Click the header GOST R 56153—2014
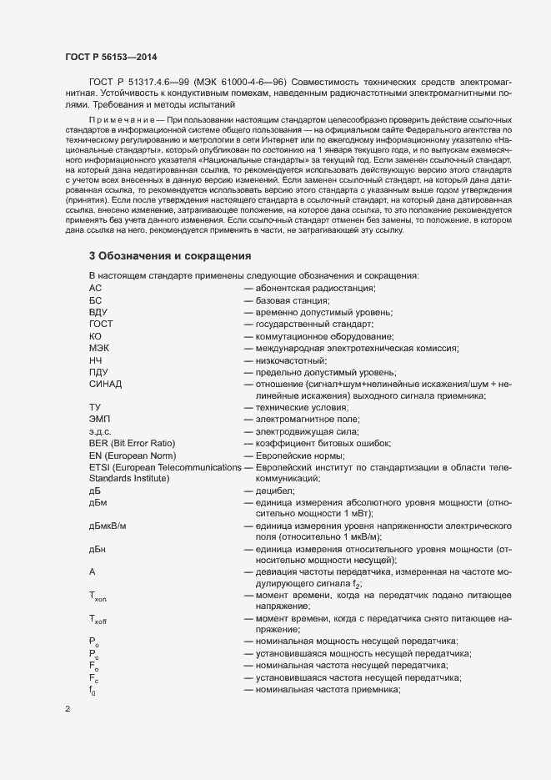tap(110, 56)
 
